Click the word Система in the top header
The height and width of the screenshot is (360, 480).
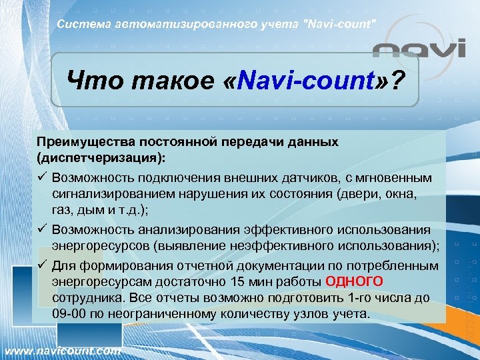[80, 25]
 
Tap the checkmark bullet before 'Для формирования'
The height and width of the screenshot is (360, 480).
[42, 265]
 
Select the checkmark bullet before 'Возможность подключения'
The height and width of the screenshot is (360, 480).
[42, 179]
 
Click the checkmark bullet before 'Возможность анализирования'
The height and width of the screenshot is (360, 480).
[42, 229]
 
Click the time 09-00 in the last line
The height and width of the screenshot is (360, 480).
[69, 313]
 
